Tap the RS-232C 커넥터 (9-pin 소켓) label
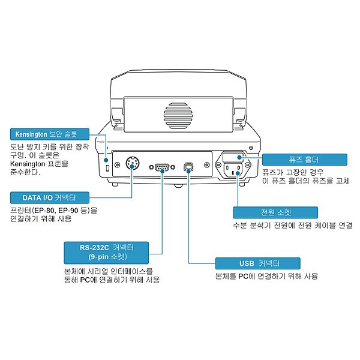pos(107,251)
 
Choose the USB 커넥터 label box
pos(256,263)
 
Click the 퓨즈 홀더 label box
pos(304,160)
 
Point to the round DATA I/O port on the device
pos(133,164)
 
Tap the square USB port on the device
pos(188,166)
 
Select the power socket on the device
pos(235,170)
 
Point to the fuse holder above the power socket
pos(235,158)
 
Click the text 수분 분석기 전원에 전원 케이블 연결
pos(292,226)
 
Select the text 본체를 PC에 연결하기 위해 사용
pos(266,277)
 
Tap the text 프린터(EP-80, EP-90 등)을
pos(53,211)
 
